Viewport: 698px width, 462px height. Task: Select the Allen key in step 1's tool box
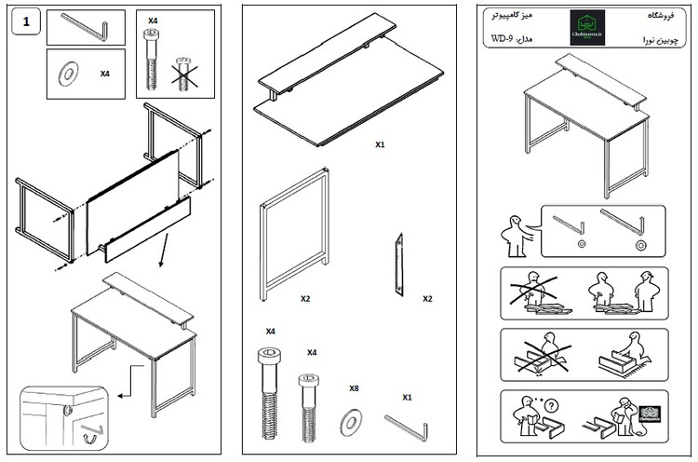pos(87,28)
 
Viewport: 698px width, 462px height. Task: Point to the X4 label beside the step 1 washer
pos(104,73)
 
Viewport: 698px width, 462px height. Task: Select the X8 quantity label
pos(355,388)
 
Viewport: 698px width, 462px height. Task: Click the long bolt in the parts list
pos(268,391)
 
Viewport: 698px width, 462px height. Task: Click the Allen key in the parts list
pos(408,428)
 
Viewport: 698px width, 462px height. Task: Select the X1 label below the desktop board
pos(380,145)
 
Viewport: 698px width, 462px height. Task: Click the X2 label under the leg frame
pos(305,299)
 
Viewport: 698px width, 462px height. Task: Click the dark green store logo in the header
pos(586,28)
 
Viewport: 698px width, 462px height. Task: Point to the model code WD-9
pos(503,39)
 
